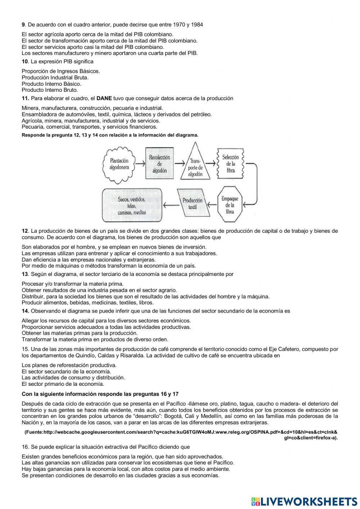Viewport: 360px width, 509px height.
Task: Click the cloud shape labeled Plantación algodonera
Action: pos(119,164)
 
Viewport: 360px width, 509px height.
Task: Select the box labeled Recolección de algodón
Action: pos(159,164)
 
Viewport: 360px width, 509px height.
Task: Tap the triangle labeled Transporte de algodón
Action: pos(195,165)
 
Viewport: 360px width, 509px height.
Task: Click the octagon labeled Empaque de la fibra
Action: pos(230,204)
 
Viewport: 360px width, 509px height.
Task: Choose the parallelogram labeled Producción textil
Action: pos(193,204)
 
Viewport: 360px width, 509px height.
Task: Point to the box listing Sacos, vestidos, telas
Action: pos(131,205)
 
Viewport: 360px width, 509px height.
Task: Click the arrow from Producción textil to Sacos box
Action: pos(170,205)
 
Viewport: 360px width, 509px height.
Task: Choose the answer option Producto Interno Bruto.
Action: pos(50,90)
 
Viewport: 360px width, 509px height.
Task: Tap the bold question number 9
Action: pos(23,24)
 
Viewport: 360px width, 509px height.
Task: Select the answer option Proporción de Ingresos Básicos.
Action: pos(61,71)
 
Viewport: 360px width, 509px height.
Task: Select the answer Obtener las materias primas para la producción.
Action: pos(80,333)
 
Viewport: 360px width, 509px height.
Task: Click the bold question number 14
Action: pos(25,311)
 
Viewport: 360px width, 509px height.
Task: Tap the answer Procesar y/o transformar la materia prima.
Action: pos(72,284)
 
